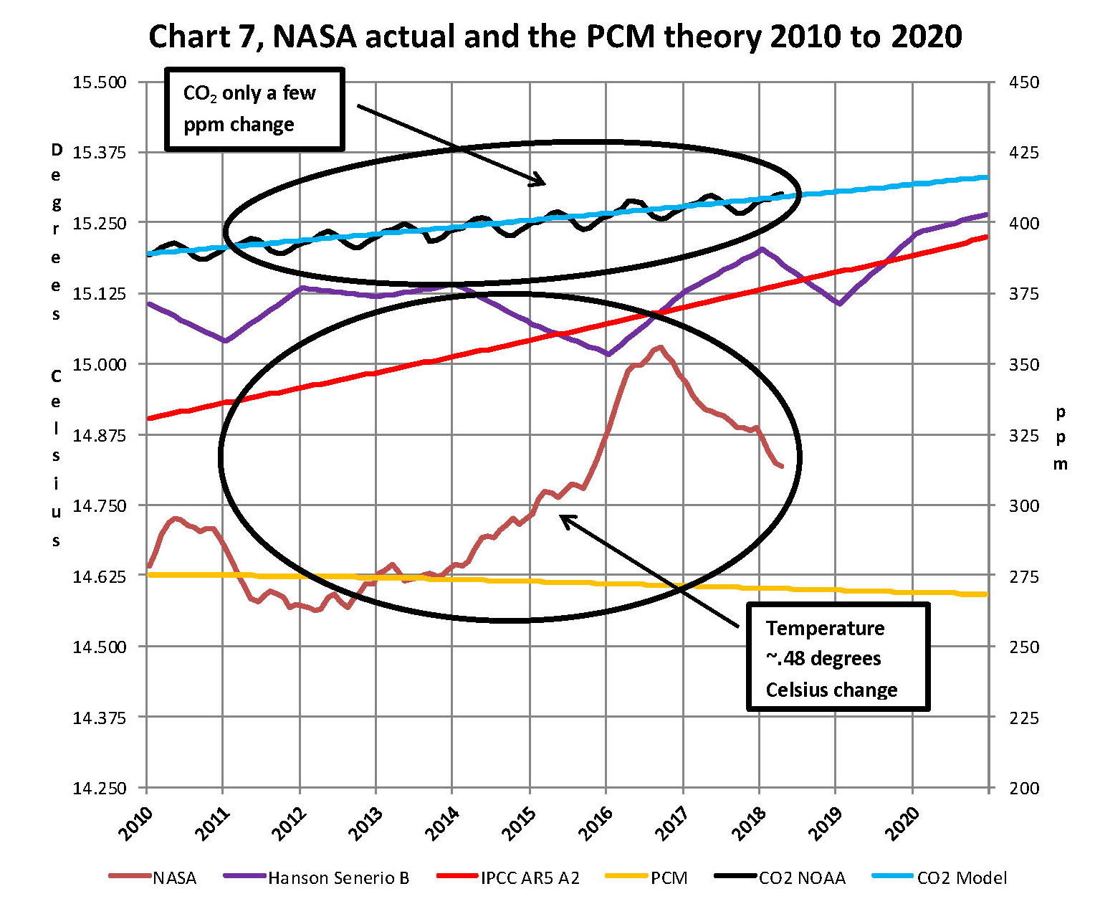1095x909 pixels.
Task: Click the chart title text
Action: [555, 36]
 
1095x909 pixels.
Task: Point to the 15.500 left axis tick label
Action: [100, 82]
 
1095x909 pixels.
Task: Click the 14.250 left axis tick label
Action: [100, 788]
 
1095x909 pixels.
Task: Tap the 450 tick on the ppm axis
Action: [1023, 82]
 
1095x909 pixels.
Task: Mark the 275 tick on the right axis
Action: [1023, 576]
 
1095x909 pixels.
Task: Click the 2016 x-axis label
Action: [596, 824]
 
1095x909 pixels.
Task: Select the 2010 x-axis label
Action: [136, 824]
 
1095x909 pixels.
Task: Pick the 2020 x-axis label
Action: [902, 824]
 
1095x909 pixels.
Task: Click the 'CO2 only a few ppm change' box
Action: [254, 109]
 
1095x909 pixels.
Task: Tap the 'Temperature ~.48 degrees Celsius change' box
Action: [838, 657]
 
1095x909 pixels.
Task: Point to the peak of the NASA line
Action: [659, 348]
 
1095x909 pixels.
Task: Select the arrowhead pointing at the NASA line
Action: [565, 518]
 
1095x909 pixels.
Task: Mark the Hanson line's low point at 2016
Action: [608, 354]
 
